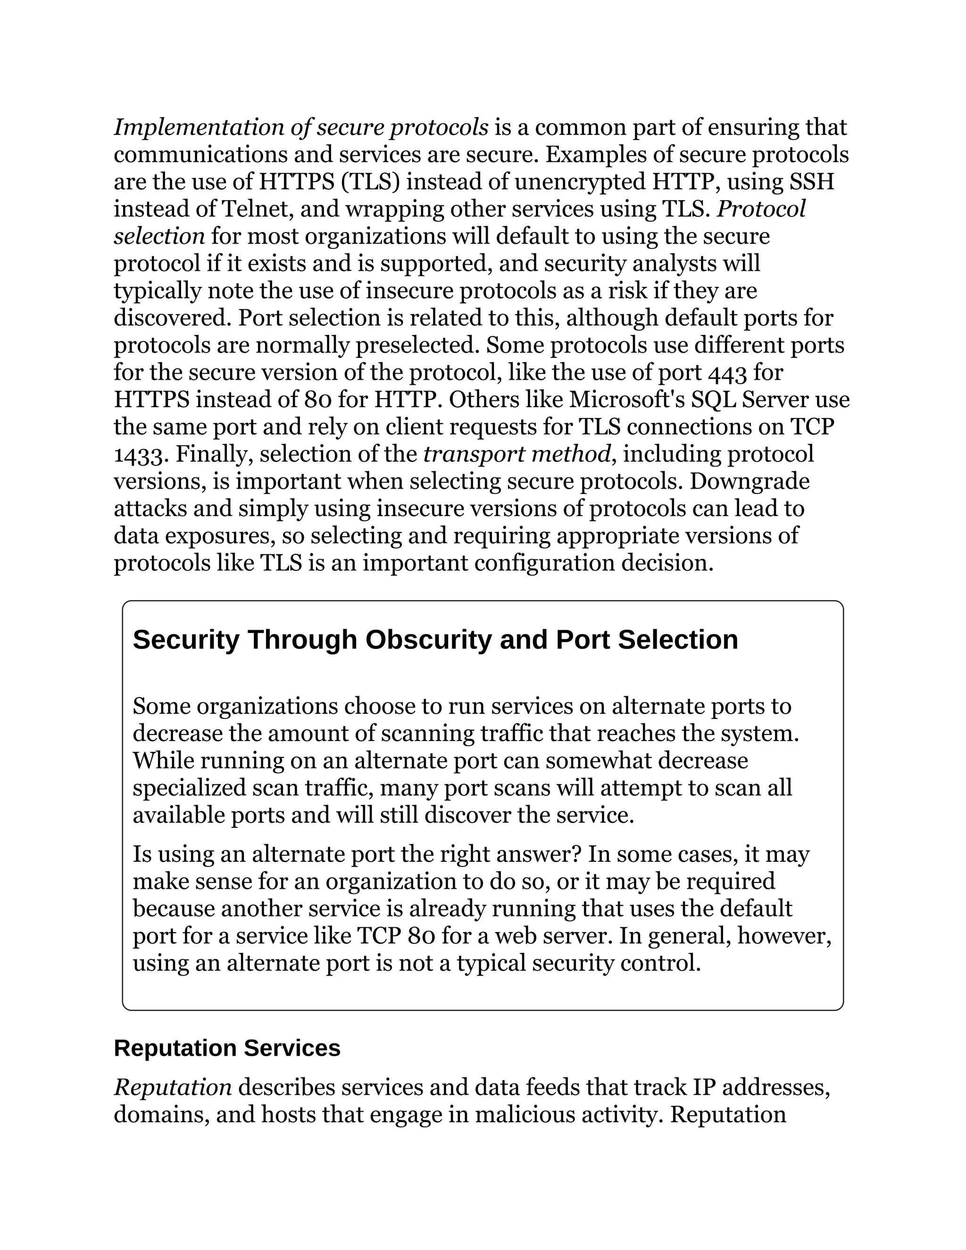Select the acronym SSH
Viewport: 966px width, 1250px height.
pyautogui.click(x=811, y=182)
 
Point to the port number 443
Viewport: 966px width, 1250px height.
pyautogui.click(x=727, y=373)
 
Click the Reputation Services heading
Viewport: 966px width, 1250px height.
pyautogui.click(x=227, y=1049)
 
